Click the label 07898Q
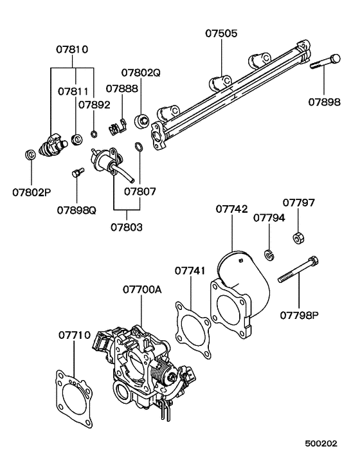(76, 210)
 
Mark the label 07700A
(142, 290)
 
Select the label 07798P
(299, 315)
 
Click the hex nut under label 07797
(298, 238)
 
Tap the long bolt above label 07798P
(299, 271)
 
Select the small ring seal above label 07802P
(30, 156)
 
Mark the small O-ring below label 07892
(94, 135)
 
